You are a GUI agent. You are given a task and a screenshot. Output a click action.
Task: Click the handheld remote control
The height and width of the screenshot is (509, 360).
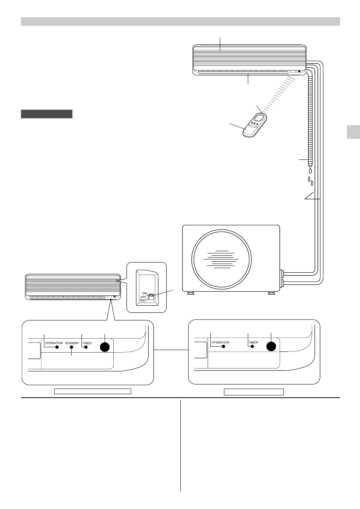coord(255,125)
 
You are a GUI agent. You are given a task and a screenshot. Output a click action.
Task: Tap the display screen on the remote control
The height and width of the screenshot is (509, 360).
coord(260,118)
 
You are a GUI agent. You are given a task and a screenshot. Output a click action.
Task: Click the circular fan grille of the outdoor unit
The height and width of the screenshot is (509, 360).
coord(222,259)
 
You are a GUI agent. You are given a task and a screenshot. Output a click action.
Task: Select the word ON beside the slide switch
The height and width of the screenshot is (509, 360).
coord(144,294)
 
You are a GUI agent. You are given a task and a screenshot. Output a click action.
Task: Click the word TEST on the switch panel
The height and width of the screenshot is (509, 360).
coord(143,300)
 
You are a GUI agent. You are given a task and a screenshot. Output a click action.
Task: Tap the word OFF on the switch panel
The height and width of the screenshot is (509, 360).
coord(143,297)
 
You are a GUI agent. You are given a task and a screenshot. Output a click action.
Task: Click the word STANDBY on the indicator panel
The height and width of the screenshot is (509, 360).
coord(72,343)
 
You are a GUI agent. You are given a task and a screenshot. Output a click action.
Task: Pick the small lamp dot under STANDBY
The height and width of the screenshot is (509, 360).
coord(71,347)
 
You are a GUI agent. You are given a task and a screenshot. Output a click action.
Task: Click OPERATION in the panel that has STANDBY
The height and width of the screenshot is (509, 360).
coord(54,343)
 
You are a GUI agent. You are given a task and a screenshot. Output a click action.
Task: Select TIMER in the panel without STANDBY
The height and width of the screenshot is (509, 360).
coord(254,342)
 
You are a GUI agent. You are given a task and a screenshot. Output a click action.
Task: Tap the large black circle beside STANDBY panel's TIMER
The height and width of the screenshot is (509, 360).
coord(105,347)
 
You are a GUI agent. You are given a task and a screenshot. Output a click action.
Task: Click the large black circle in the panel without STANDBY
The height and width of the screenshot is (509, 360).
coord(271,347)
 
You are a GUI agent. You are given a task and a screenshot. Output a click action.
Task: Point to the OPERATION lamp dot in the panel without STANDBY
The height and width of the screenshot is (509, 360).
coord(224,347)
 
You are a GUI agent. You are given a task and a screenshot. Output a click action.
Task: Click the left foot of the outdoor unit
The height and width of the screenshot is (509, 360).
coord(191,293)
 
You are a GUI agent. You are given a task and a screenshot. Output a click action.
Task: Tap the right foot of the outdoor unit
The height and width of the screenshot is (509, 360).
coord(271,293)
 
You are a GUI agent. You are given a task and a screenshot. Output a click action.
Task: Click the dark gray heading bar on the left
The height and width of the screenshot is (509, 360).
coord(47,114)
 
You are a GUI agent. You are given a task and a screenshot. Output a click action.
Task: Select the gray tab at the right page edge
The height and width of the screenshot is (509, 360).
coord(354,132)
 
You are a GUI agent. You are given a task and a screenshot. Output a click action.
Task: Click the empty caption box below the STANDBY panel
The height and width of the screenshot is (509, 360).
coord(92,391)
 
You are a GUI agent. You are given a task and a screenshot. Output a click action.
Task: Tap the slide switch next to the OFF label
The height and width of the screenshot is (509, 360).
coord(151,297)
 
